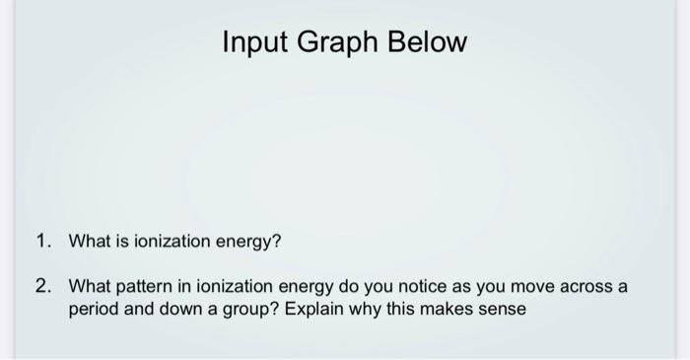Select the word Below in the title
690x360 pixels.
(x=431, y=44)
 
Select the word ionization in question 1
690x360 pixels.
(x=168, y=241)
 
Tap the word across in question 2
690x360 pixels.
(x=575, y=287)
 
